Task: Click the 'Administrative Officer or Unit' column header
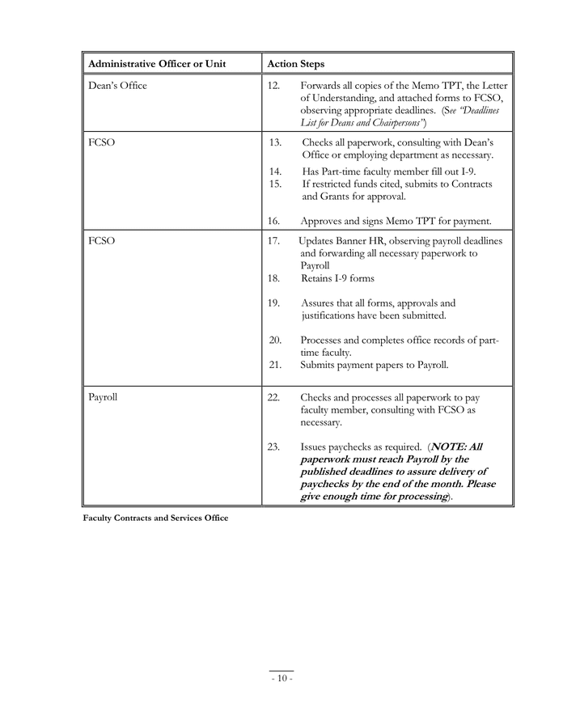[157, 64]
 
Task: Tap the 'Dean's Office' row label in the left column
[117, 86]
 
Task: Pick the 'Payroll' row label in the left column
[103, 397]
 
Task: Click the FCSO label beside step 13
[101, 142]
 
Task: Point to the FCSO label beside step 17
[101, 241]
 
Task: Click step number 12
[273, 86]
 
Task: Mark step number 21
[275, 365]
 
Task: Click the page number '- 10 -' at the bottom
[281, 678]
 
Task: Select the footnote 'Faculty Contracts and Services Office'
[155, 518]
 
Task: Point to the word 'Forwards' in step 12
[321, 86]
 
